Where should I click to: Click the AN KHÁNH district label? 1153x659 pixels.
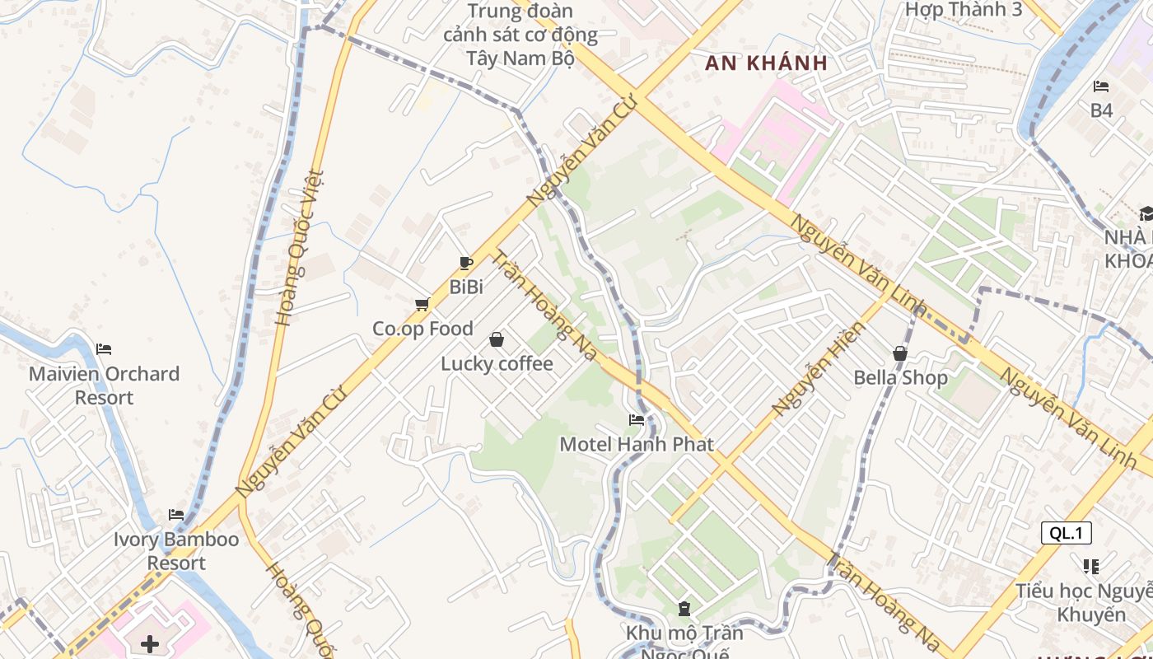[766, 63]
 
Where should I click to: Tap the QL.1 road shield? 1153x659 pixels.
[1066, 533]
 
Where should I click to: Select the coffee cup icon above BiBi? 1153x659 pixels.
[466, 263]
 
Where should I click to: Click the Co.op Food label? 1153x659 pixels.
[422, 329]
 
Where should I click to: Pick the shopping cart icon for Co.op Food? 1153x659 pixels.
[422, 305]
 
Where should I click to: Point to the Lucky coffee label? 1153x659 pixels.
[497, 363]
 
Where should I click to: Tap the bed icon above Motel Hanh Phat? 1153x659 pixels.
[637, 420]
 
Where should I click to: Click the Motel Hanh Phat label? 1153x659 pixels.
[637, 444]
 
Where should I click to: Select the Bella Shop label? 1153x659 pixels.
[900, 378]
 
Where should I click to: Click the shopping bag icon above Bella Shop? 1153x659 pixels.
[900, 353]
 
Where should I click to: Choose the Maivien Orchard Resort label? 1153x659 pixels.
[104, 386]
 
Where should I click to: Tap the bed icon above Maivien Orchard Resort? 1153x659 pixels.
[104, 349]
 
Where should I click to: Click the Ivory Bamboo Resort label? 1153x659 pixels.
[176, 551]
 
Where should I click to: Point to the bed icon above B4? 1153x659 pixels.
[1101, 86]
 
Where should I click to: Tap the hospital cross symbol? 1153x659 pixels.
[150, 643]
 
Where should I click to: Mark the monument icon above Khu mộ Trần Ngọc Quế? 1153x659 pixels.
[684, 610]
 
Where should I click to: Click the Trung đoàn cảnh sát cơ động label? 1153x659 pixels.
[520, 35]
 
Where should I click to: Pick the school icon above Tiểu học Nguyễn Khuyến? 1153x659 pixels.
[1092, 567]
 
